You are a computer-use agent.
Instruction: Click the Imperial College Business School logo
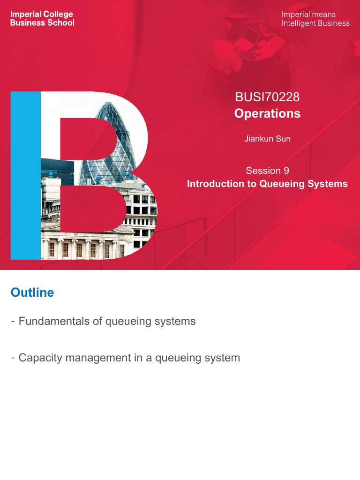[42, 18]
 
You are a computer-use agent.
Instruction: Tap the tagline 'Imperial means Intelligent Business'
[315, 19]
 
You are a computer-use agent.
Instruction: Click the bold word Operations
[267, 113]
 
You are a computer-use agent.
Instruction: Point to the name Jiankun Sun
[267, 139]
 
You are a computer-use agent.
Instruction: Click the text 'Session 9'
[267, 171]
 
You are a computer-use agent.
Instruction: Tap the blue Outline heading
[32, 292]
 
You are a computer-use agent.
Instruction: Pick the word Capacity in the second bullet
[39, 358]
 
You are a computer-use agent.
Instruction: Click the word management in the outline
[97, 358]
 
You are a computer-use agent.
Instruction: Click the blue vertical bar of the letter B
[26, 176]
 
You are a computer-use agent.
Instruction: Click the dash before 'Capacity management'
[13, 358]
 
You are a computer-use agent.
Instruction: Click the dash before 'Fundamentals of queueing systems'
[13, 322]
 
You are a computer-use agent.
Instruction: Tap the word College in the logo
[58, 14]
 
